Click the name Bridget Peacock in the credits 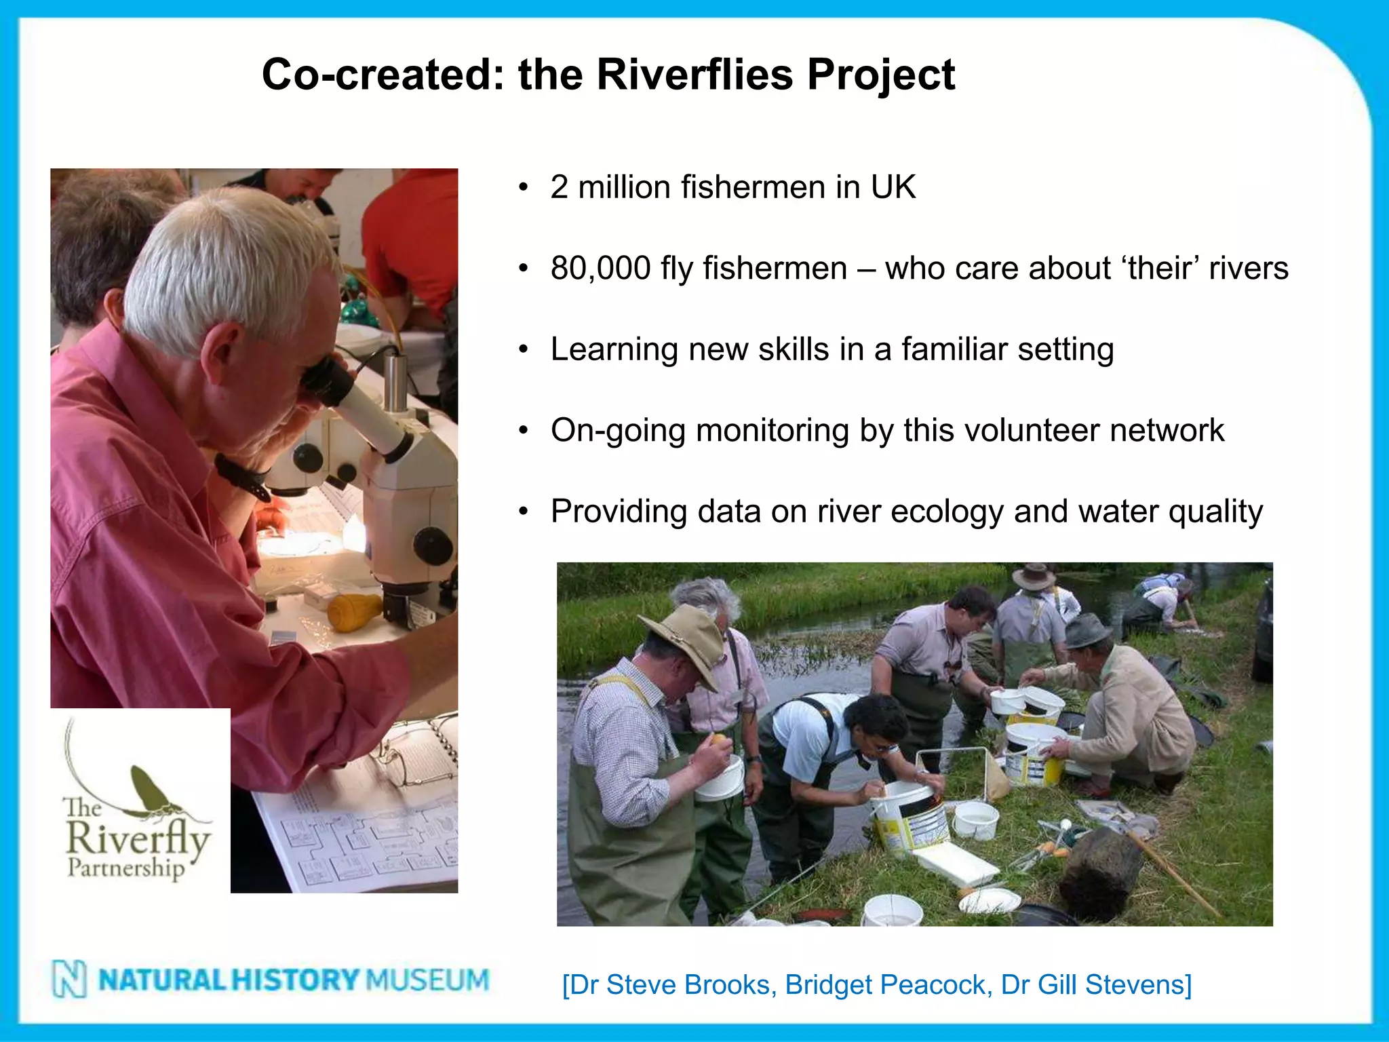[x=888, y=985]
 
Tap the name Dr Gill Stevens [x=1095, y=985]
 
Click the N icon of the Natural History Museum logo [x=70, y=980]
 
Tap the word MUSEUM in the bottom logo [x=427, y=980]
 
